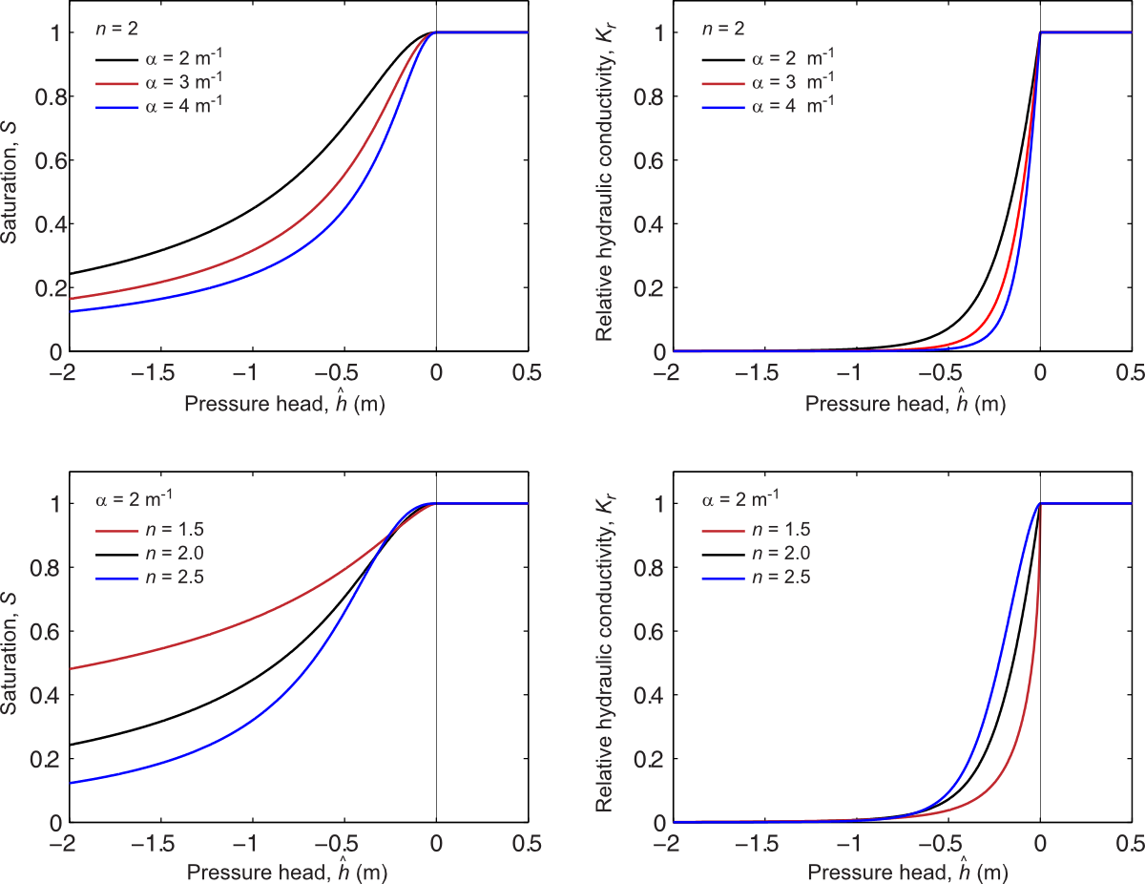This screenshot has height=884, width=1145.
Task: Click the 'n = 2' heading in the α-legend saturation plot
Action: [115, 30]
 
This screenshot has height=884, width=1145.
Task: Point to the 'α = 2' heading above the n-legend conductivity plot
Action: [739, 498]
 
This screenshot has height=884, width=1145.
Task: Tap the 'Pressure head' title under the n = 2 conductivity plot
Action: [906, 405]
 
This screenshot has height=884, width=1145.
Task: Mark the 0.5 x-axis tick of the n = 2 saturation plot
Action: [528, 371]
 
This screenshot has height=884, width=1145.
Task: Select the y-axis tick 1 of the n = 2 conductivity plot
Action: [656, 33]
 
